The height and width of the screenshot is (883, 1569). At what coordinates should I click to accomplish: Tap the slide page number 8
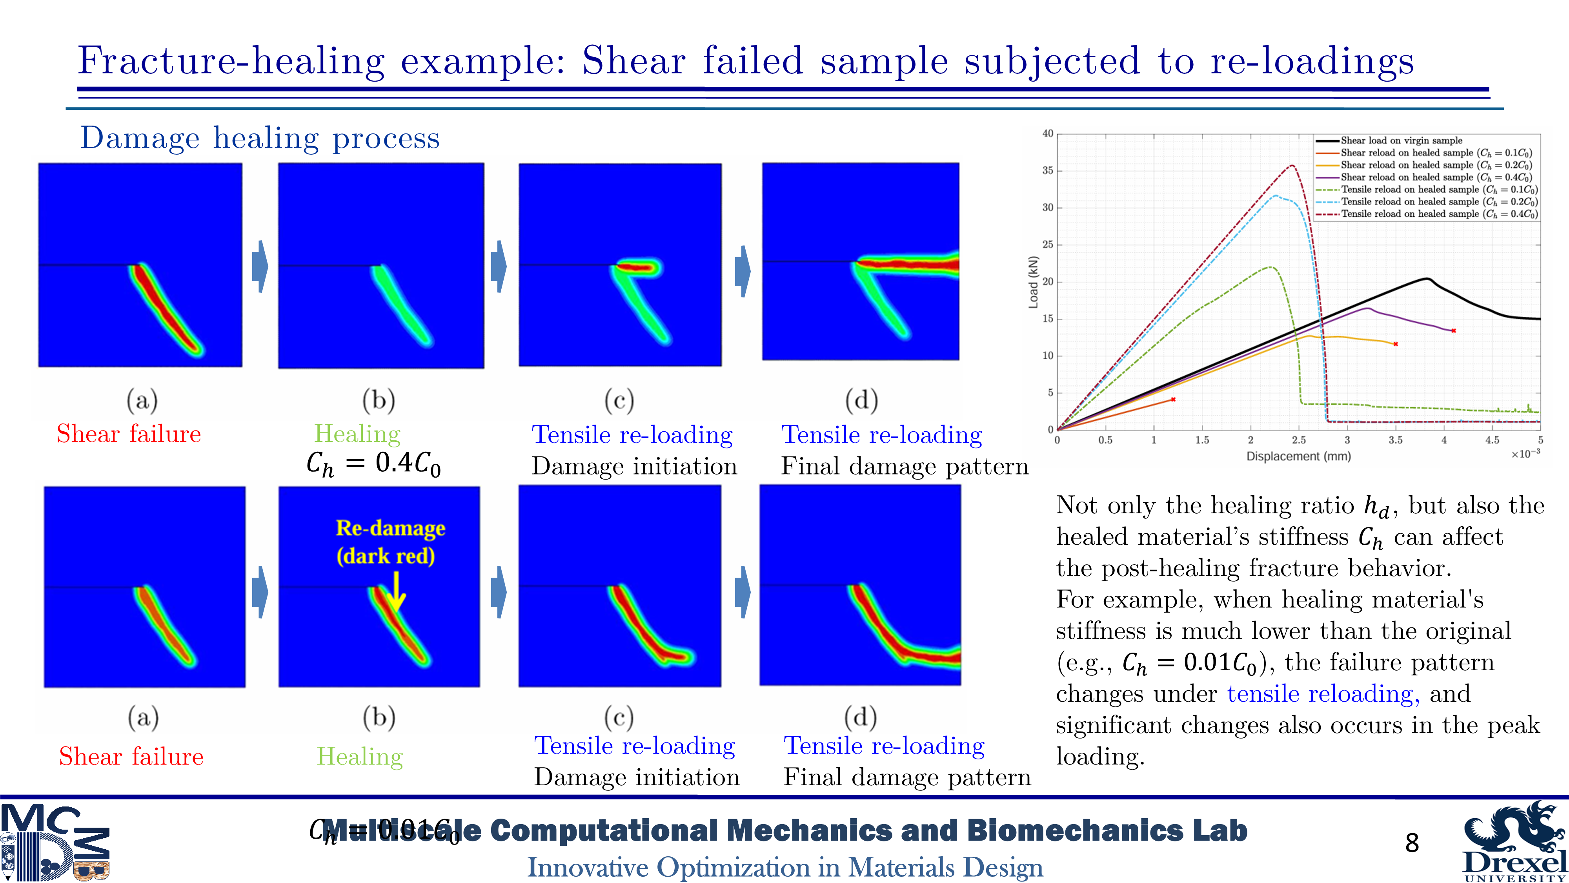pos(1412,843)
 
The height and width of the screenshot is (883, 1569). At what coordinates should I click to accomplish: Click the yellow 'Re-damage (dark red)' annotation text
pos(390,542)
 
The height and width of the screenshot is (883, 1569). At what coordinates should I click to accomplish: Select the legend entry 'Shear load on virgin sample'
pos(1401,140)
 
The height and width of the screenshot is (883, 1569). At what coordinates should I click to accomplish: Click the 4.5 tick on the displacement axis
pos(1492,440)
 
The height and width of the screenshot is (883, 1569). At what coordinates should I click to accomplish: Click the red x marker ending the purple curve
pos(1454,331)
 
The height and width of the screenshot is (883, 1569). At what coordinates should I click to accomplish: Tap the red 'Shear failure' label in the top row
pos(129,434)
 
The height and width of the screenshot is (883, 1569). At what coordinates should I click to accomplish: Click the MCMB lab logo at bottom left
pos(55,843)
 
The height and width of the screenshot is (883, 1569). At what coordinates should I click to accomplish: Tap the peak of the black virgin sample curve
pos(1427,279)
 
